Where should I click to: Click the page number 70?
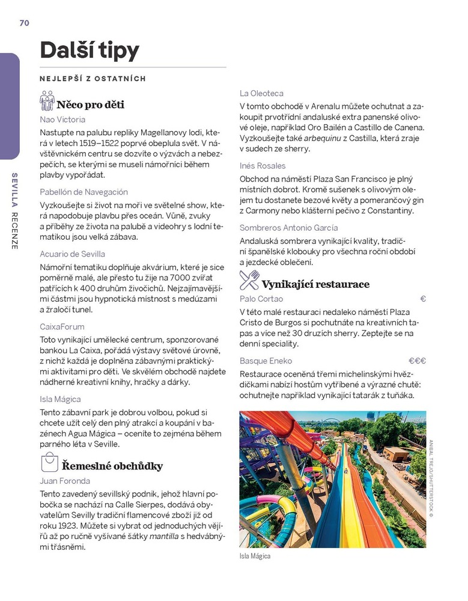click(24, 23)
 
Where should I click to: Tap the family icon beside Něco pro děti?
click(47, 102)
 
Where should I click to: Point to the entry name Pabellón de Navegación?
click(84, 192)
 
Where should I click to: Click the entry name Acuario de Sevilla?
click(72, 254)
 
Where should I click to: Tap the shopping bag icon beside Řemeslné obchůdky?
click(49, 463)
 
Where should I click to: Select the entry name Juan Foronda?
click(65, 481)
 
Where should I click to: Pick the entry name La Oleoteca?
click(261, 93)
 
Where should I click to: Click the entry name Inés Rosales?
click(263, 165)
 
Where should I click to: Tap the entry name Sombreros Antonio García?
click(288, 228)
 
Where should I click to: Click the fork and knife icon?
click(249, 280)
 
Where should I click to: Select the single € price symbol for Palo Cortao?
click(423, 299)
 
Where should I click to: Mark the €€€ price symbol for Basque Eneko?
click(417, 361)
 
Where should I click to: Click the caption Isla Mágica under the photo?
click(255, 557)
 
